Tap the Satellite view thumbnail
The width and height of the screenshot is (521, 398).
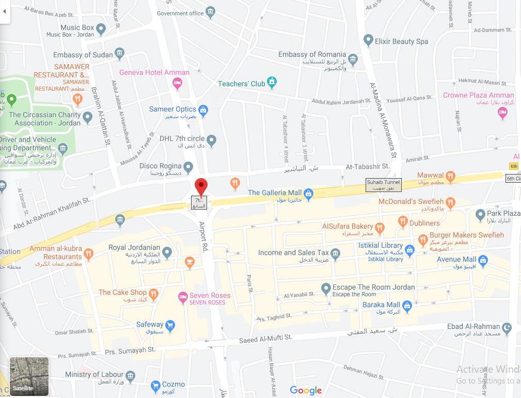(29, 376)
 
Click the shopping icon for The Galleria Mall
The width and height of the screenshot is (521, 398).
(309, 194)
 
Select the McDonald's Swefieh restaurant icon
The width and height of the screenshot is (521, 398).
(450, 202)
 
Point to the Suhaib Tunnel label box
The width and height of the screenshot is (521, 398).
(383, 185)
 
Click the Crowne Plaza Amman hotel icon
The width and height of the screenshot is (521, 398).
(502, 114)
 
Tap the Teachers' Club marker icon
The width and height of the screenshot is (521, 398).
(272, 82)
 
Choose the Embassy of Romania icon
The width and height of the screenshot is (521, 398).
(353, 58)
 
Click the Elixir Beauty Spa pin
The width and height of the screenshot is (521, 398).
(368, 40)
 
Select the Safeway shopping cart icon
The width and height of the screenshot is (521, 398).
(170, 325)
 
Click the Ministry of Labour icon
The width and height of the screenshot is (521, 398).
(131, 375)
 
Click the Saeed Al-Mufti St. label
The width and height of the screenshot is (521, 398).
(266, 339)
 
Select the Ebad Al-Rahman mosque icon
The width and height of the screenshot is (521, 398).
(507, 327)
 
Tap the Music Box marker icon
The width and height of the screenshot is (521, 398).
(101, 29)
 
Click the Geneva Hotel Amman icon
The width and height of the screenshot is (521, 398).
(177, 83)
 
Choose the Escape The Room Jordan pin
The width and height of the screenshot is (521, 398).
(326, 288)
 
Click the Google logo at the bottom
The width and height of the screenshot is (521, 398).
(306, 391)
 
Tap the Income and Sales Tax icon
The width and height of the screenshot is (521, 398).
(336, 253)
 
